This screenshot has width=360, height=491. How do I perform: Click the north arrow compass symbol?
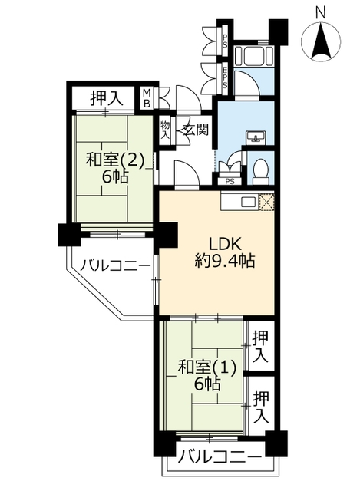point(321,40)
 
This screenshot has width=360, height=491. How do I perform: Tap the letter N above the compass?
point(320,12)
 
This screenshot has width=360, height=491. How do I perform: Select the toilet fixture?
point(261,170)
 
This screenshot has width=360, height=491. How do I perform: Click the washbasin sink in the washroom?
point(256,137)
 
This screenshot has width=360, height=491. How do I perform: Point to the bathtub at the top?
point(254,56)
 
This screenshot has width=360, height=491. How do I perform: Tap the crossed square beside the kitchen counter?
point(266,202)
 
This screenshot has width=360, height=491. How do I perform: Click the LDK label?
point(224,244)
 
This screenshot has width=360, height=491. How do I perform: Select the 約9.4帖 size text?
point(224,260)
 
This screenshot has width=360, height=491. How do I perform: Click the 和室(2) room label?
point(115,161)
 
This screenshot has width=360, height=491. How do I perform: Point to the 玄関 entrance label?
point(196,129)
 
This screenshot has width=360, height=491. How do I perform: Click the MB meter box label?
point(147,98)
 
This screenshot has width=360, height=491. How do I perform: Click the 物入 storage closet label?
point(165,130)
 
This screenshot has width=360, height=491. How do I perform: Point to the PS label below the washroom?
point(230,182)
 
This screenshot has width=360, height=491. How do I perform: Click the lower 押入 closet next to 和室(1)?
point(261,406)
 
